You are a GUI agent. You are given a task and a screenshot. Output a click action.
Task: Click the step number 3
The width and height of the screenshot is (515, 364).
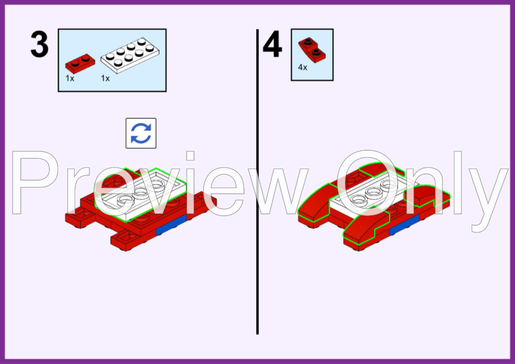coord(39,45)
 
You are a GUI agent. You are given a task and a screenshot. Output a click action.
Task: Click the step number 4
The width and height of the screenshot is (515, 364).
coord(272,45)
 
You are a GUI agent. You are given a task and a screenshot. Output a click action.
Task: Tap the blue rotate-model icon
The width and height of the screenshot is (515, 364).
coord(141,133)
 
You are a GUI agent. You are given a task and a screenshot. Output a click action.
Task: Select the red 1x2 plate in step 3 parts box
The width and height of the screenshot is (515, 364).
coord(80,64)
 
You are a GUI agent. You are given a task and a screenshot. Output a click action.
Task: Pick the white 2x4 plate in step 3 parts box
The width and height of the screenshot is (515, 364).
coord(130,56)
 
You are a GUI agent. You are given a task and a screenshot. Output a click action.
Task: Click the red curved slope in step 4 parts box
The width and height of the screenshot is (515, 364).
coord(312,50)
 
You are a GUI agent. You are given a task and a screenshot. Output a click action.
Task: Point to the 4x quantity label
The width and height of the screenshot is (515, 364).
coord(303,68)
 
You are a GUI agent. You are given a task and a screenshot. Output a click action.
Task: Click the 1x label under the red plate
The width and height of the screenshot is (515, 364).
coord(70,78)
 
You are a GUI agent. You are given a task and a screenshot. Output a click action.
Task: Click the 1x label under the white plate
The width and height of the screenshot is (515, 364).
coord(105,78)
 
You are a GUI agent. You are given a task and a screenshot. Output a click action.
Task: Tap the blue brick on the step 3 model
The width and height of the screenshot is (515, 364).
coord(171,225)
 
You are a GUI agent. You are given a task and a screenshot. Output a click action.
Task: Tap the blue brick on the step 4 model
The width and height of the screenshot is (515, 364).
coord(404,225)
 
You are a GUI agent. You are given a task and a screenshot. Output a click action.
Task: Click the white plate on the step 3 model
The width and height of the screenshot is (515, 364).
coord(140,195)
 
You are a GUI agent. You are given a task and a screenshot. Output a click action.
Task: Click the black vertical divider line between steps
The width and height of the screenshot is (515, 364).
coord(257,181)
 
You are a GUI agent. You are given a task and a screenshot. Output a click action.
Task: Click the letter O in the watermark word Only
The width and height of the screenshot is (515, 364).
coord(367,183)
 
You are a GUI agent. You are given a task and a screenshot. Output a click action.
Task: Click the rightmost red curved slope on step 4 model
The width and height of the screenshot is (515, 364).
coord(427,196)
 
